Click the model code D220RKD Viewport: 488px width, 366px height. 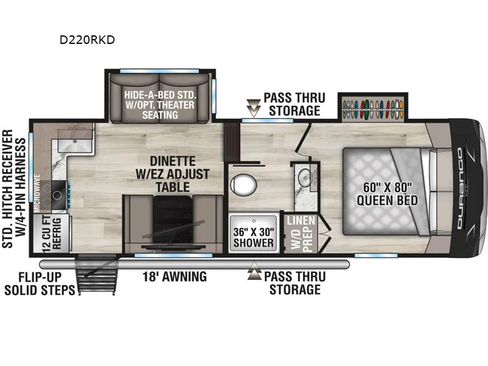(87, 40)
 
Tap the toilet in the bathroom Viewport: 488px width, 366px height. (243, 185)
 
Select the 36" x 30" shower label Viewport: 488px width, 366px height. (254, 237)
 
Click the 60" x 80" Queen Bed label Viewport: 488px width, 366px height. (387, 194)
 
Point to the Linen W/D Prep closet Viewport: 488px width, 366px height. (301, 234)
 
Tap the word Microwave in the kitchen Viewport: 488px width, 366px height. (37, 193)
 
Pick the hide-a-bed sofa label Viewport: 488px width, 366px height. (160, 105)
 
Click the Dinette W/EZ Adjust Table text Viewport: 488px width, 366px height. (173, 174)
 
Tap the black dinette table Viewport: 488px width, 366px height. (173, 222)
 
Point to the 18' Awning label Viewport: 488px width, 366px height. (174, 277)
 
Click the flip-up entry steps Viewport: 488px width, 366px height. (97, 274)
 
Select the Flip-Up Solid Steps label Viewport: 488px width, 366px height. (40, 284)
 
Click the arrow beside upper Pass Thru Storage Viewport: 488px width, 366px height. (254, 108)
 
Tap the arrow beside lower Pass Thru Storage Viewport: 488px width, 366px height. (254, 271)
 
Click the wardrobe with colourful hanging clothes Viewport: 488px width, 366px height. (373, 109)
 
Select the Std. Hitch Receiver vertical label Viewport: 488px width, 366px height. (14, 188)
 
